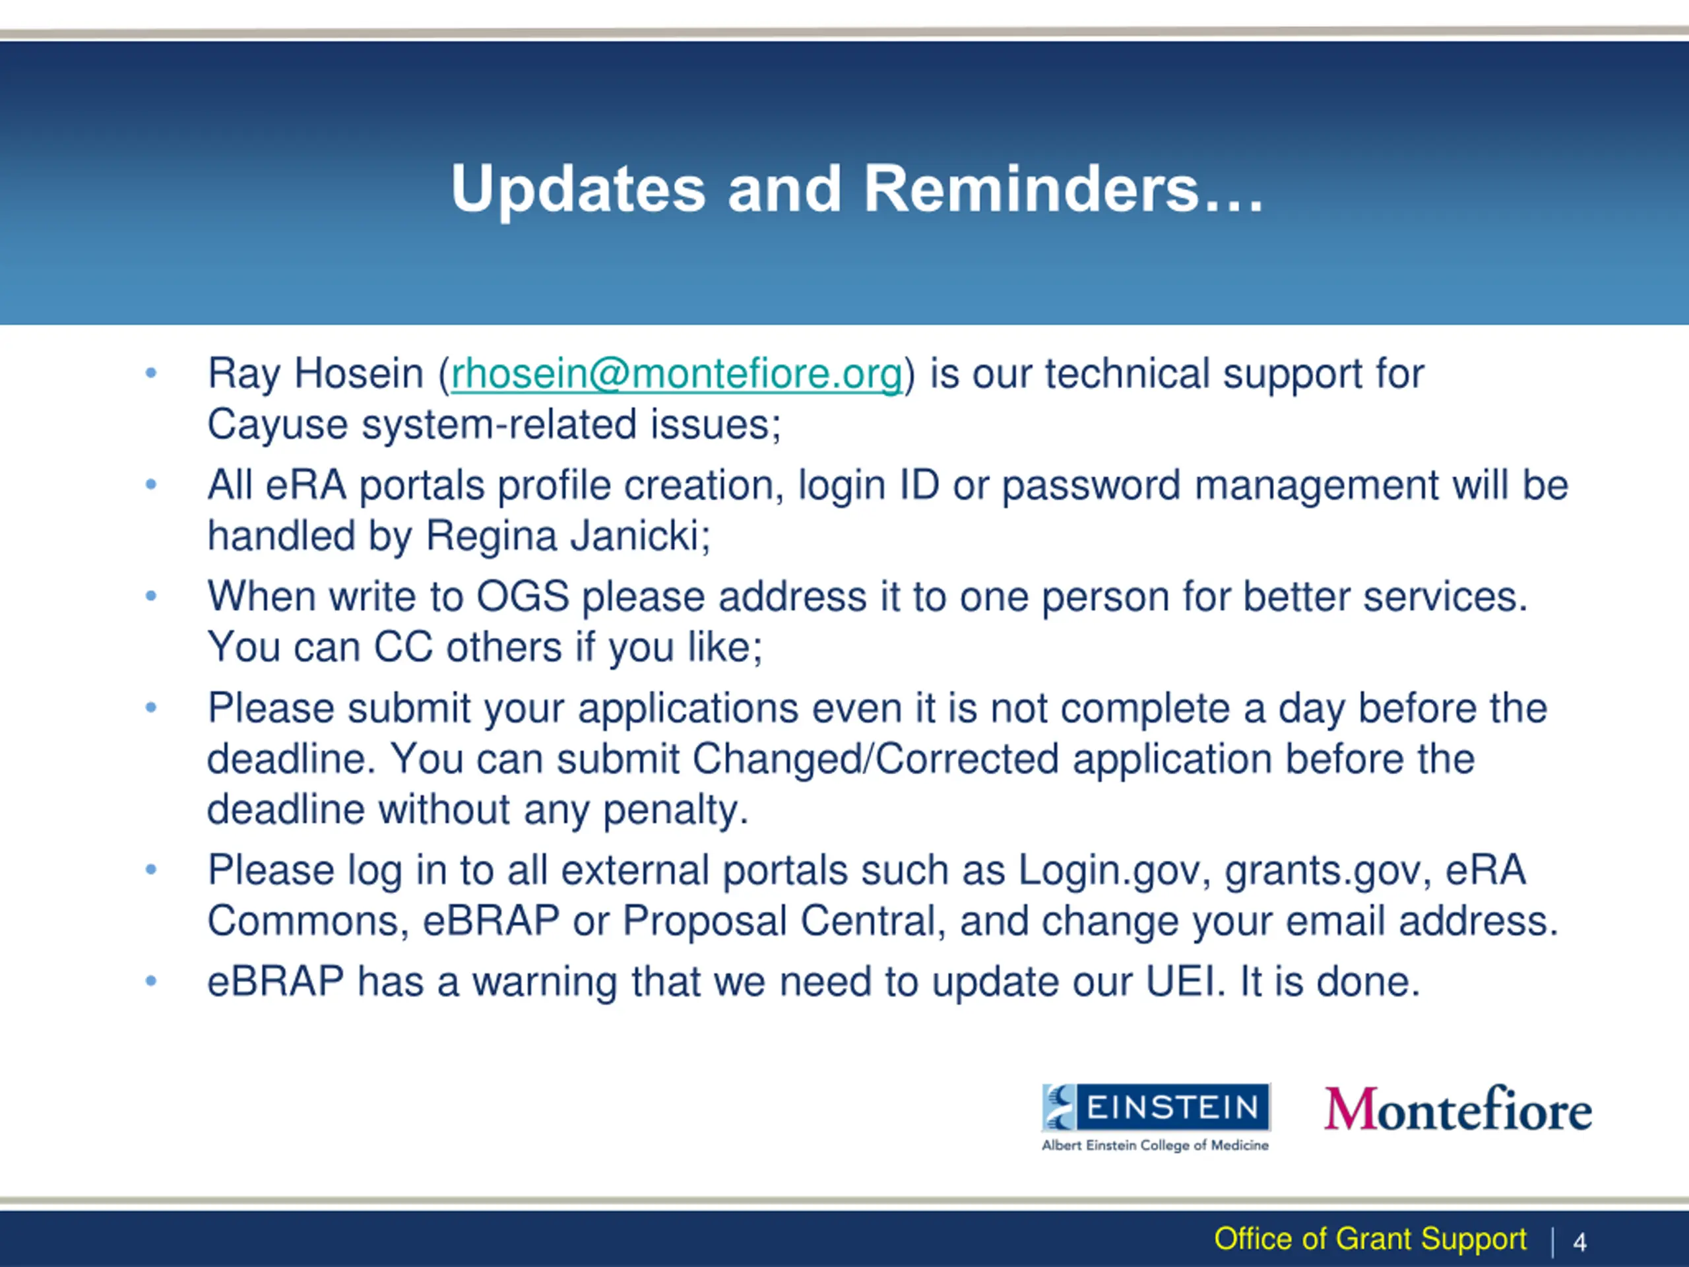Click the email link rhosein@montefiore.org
(676, 374)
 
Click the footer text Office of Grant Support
(1370, 1239)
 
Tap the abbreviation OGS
(523, 597)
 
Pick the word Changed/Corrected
(875, 759)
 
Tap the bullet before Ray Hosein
(151, 374)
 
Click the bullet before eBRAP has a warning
(151, 981)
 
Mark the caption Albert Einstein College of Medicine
(1155, 1146)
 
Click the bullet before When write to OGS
(151, 597)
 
